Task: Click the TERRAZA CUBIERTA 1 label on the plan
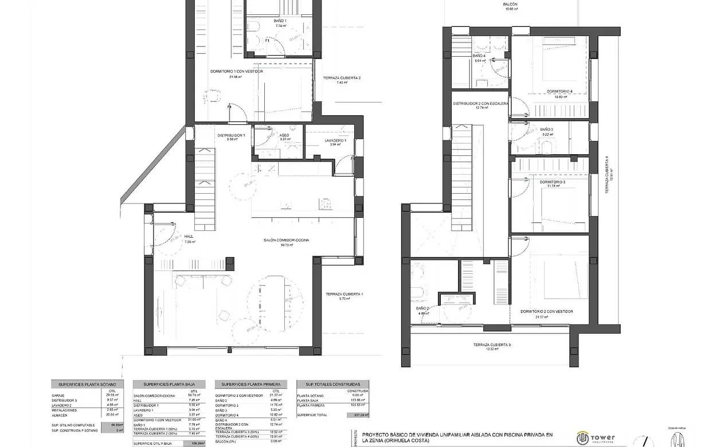pyautogui.click(x=344, y=294)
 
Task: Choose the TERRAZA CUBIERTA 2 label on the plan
pyautogui.click(x=342, y=78)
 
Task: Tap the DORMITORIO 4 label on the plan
pyautogui.click(x=560, y=91)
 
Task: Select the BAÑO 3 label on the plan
pyautogui.click(x=546, y=130)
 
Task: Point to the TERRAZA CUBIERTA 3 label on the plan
pyautogui.click(x=492, y=345)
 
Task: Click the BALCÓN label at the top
pyautogui.click(x=510, y=4)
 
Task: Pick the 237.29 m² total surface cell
pyautogui.click(x=358, y=414)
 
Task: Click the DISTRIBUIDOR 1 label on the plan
pyautogui.click(x=231, y=135)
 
